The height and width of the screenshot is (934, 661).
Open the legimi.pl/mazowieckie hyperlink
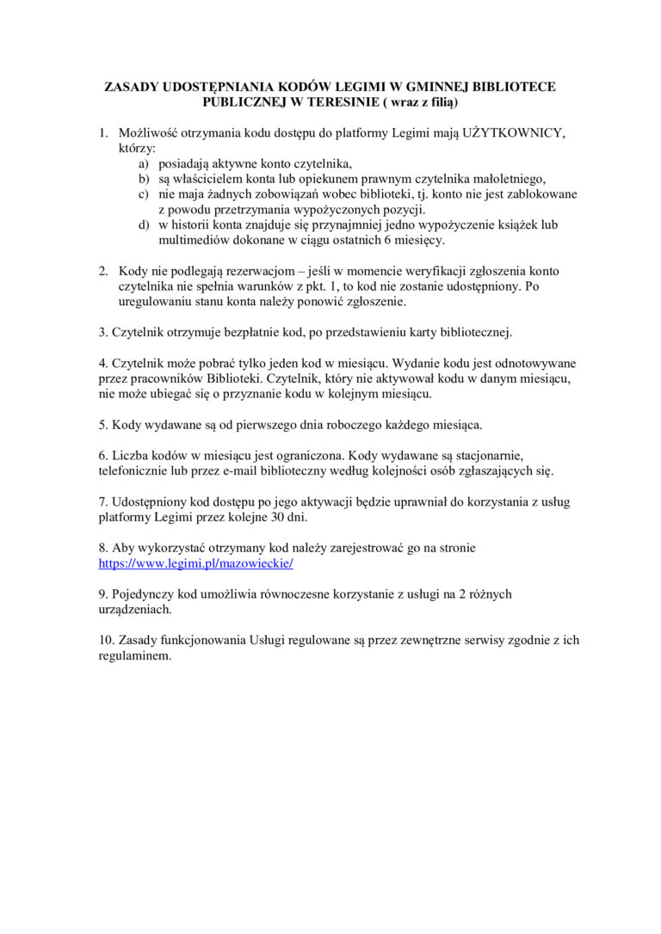point(196,563)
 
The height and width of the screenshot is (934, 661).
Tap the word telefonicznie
point(135,471)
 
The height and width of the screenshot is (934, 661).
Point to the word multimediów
point(195,240)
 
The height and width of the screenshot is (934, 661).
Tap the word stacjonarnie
point(486,455)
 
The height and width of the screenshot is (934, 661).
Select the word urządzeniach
point(135,610)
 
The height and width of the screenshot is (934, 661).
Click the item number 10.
point(106,641)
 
